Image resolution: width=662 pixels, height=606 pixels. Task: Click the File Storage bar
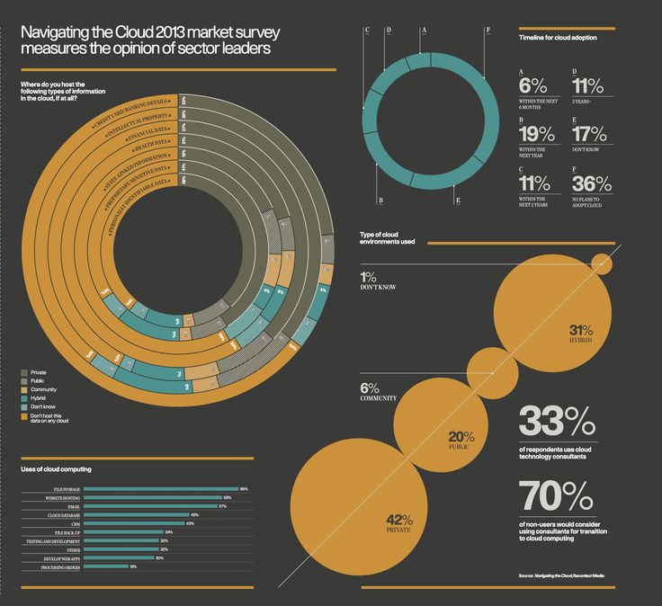162,489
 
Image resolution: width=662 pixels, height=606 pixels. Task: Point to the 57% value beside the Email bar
222,506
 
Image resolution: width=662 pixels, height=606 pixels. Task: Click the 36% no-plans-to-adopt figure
591,184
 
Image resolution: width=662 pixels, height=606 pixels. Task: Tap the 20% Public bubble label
461,438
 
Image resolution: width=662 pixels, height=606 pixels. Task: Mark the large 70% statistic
556,497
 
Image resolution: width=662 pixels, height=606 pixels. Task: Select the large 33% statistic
556,422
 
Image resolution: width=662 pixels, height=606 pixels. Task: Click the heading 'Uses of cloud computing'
56,469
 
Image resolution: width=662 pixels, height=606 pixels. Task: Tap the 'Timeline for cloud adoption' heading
558,38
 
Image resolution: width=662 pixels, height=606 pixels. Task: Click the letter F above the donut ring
488,30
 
